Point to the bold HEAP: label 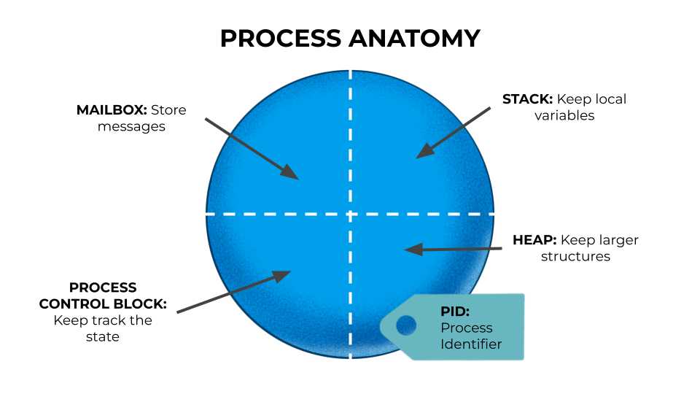tap(535, 240)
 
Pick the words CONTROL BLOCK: tap(103, 304)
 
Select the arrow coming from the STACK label tap(452, 132)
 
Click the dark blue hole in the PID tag tap(406, 325)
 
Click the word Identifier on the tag tap(471, 344)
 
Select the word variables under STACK tap(564, 115)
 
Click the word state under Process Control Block tap(103, 336)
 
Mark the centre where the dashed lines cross tap(351, 214)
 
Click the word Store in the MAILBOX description tap(168, 110)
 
